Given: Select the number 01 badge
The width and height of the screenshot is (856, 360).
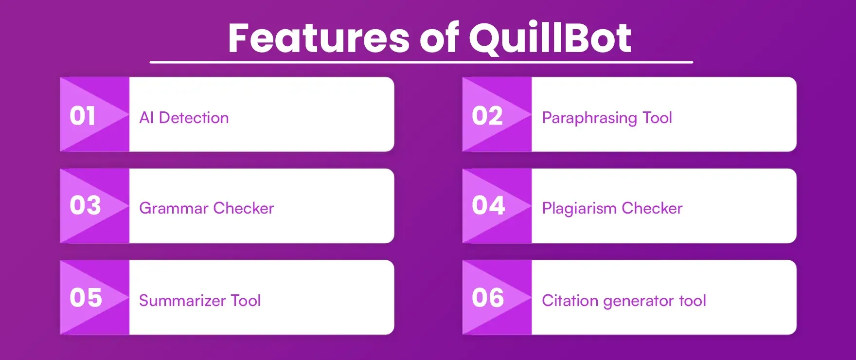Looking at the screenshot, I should click(83, 116).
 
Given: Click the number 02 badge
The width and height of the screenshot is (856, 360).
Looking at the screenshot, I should click(487, 116).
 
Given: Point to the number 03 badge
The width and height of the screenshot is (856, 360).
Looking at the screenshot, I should click(85, 205).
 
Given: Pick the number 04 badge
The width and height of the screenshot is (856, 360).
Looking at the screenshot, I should click(488, 205).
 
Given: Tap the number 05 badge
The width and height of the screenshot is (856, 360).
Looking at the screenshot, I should click(86, 298).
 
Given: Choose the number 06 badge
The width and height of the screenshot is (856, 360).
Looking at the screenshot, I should click(488, 298).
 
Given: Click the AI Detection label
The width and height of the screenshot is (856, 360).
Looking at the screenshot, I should click(184, 118).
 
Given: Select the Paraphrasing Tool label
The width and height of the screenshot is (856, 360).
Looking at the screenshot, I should click(607, 118).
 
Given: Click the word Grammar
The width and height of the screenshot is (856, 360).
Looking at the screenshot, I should click(174, 209).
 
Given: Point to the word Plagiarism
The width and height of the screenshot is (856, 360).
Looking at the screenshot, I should click(579, 209).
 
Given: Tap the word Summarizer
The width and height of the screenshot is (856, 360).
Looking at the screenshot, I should click(182, 301).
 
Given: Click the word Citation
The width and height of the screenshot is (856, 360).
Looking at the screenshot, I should click(570, 301).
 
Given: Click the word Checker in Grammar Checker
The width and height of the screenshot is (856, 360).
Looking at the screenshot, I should click(244, 208).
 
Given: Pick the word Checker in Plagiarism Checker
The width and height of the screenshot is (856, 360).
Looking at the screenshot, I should click(652, 208).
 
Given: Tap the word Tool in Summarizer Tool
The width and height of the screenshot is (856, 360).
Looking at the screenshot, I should click(246, 301).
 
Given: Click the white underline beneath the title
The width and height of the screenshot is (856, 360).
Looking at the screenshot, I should click(421, 62).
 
